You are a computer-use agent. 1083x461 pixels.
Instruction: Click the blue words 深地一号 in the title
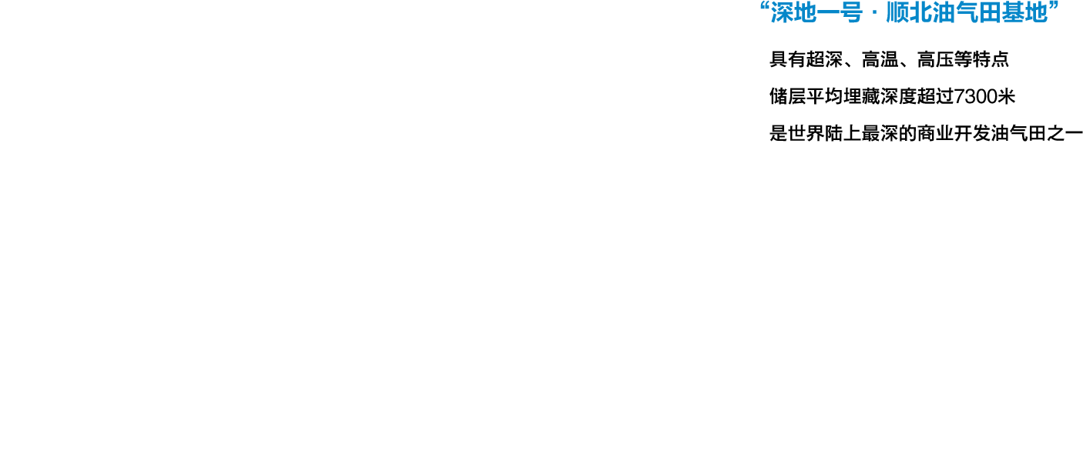coord(816,12)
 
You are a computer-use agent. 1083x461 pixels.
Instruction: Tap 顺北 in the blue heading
coord(909,12)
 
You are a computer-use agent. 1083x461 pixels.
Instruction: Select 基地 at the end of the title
coord(1024,12)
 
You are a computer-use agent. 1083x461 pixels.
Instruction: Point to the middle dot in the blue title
coord(874,14)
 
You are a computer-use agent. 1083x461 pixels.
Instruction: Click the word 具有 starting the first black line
coord(788,59)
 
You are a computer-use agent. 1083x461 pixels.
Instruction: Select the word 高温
coord(880,59)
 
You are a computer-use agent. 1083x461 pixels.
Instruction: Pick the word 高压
coord(935,59)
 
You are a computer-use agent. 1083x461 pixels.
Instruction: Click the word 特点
coord(991,59)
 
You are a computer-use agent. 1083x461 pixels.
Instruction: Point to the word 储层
coord(788,97)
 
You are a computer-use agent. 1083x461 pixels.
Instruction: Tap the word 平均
coord(825,97)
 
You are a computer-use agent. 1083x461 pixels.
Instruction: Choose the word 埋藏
coord(862,97)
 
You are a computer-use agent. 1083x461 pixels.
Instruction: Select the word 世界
coord(806,133)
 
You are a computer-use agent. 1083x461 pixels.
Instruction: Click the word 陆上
coord(843,133)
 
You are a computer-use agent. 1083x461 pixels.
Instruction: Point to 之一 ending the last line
coord(1065,133)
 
